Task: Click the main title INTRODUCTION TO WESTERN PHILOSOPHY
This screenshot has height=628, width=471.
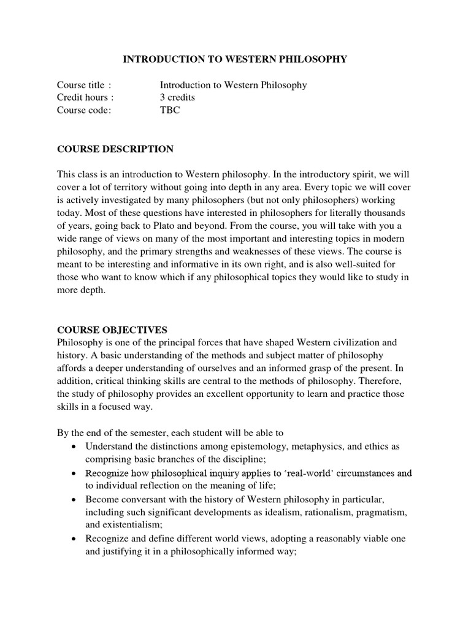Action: [235, 59]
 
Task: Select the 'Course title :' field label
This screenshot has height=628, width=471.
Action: [84, 85]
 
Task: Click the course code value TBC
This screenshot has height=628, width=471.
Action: [170, 111]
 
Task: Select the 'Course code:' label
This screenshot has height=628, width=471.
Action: [84, 111]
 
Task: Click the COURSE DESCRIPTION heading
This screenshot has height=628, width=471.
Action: [115, 149]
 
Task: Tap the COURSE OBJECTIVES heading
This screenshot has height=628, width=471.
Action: [112, 329]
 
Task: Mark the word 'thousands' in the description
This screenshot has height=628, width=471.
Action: [383, 213]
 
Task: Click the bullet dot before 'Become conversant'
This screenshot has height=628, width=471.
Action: [74, 500]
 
